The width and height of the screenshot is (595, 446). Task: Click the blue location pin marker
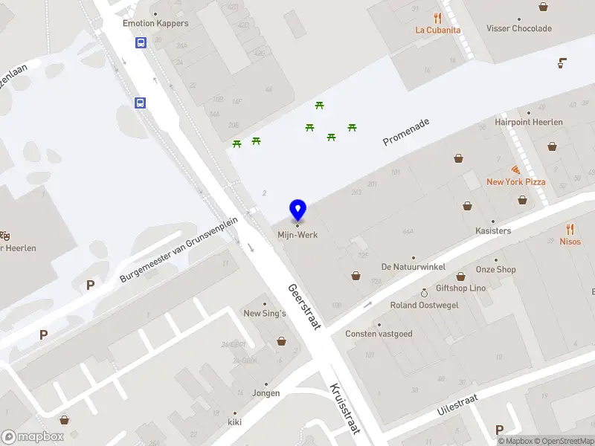(x=297, y=210)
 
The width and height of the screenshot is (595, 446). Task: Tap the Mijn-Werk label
(x=297, y=235)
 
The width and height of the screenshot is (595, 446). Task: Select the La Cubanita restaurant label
(x=438, y=30)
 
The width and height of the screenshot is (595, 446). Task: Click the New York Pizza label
(x=515, y=182)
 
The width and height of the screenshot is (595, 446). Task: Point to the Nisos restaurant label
(x=570, y=242)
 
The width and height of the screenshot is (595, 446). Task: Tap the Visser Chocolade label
(x=519, y=29)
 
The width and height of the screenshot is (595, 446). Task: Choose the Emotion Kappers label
(x=155, y=23)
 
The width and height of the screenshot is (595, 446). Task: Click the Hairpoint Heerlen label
(x=529, y=122)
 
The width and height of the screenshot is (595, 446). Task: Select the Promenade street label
(x=406, y=131)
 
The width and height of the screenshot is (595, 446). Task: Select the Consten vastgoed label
(x=379, y=334)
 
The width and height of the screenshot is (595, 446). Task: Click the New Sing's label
(x=265, y=314)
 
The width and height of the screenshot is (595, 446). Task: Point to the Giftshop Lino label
(x=460, y=288)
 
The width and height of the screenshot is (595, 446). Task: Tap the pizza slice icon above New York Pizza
(x=515, y=170)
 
